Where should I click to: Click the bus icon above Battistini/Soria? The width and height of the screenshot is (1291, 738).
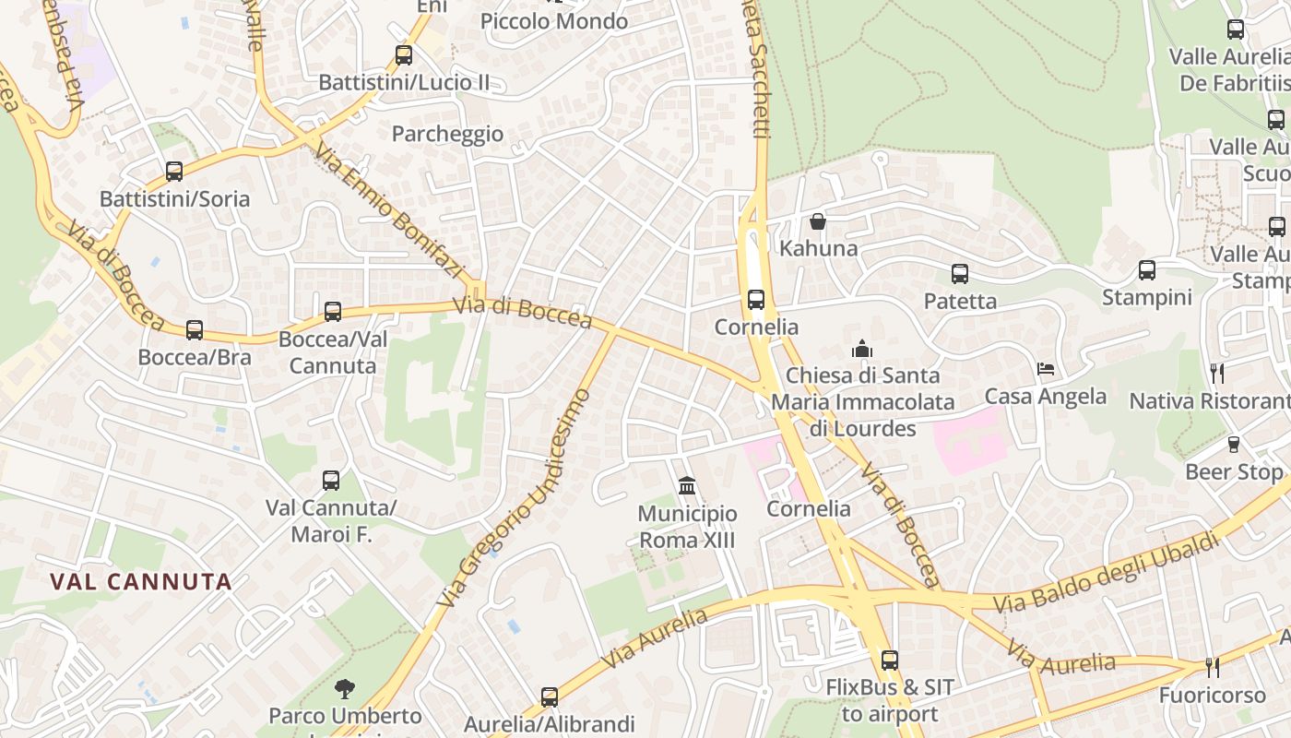pos(173,171)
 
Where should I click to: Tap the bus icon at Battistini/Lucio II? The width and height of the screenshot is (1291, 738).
pos(404,54)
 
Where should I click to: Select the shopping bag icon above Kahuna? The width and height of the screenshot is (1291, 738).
pos(817,221)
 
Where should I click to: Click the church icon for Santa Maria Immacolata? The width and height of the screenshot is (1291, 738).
pos(862,349)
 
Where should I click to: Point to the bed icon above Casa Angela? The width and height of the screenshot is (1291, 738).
pos(1046,369)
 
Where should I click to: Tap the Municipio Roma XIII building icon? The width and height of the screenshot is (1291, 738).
pos(687,485)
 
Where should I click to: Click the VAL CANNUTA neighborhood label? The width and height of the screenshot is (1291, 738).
pos(141,582)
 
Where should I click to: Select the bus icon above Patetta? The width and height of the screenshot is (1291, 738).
pos(960,274)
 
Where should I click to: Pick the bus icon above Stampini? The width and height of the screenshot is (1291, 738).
pos(1147,270)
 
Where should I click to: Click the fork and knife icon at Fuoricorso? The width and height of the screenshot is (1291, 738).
pos(1213,667)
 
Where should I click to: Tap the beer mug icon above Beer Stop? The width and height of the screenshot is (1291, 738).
pos(1234,445)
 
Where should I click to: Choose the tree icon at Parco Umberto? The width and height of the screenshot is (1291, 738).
pos(345,688)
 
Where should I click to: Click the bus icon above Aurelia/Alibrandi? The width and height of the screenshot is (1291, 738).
pos(550,696)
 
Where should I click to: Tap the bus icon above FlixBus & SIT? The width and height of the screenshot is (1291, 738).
pos(890,660)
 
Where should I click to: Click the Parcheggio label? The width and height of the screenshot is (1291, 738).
pos(447,134)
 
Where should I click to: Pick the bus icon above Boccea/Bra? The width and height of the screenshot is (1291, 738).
pos(195,329)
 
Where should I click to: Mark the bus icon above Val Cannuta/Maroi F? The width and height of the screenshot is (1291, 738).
pos(331,480)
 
